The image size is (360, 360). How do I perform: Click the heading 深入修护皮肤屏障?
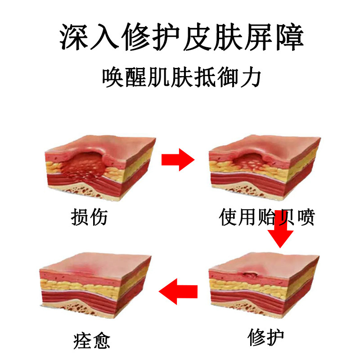point(180,37)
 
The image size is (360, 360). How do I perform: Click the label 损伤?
point(90,216)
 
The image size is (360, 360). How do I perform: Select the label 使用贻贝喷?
point(266,217)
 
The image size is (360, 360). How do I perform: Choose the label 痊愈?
point(91,340)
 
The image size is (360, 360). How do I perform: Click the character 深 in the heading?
point(74,37)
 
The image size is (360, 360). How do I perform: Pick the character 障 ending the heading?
point(288,37)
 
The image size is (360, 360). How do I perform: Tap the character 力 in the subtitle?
point(252,77)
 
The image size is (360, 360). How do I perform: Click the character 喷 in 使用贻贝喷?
point(304,217)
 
